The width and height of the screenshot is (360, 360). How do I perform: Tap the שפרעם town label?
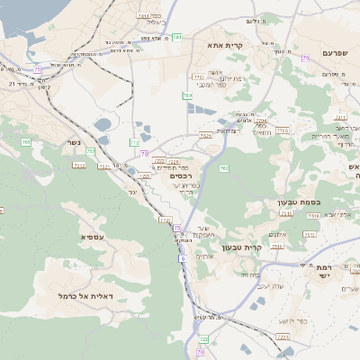point(333,29)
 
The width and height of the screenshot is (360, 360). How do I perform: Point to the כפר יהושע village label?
point(283,320)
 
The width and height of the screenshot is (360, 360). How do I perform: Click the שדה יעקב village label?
point(269,285)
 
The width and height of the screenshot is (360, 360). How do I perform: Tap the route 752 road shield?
point(91,151)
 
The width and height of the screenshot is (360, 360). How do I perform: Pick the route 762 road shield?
point(223,168)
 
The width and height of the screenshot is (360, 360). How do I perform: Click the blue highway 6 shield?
point(182,259)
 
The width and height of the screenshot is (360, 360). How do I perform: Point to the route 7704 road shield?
point(261,119)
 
